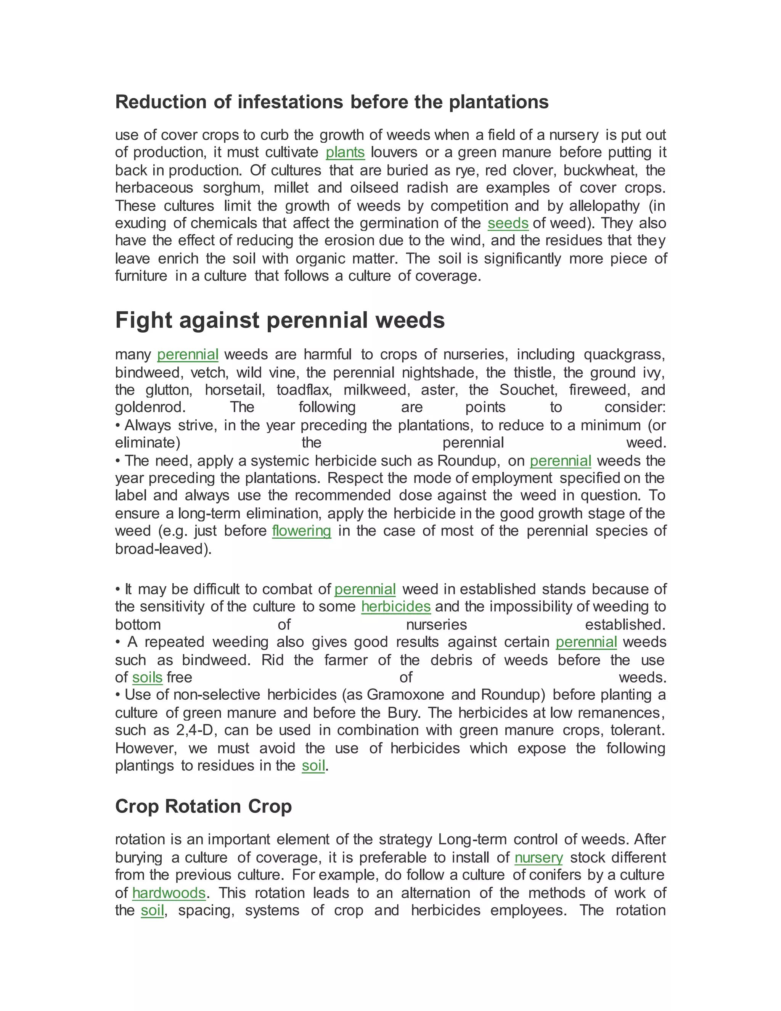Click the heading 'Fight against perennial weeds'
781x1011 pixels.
[x=280, y=320]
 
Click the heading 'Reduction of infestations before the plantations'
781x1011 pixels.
[x=331, y=102]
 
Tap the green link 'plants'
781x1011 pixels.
[x=345, y=152]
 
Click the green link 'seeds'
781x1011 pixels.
[x=508, y=223]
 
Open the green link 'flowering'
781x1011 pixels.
[x=301, y=531]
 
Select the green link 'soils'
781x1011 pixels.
[x=147, y=677]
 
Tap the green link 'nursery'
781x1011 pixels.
[x=538, y=857]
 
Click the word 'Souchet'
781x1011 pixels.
[x=527, y=390]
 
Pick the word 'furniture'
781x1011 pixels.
[x=141, y=276]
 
